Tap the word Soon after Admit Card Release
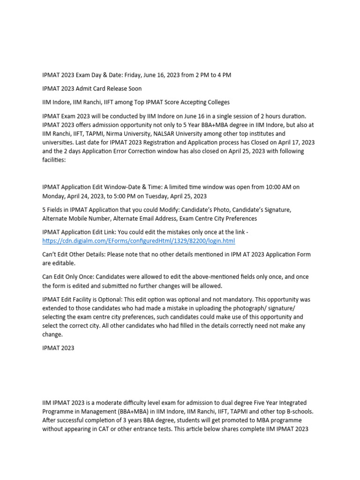(133, 89)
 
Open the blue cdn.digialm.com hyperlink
(138, 241)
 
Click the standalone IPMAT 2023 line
(58, 348)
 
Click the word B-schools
(297, 412)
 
